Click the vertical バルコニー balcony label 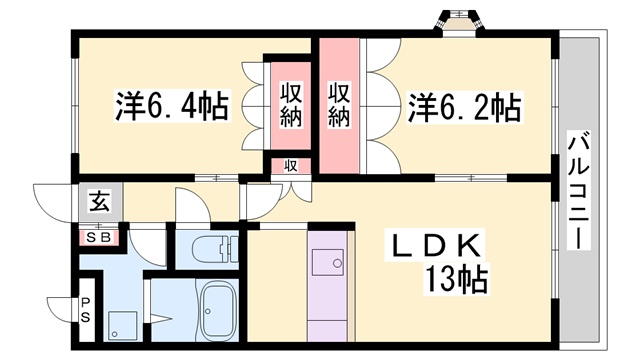(x=577, y=190)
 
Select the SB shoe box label (x=101, y=238)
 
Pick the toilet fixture (x=212, y=249)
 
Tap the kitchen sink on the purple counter (x=326, y=262)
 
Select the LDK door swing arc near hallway (x=262, y=201)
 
